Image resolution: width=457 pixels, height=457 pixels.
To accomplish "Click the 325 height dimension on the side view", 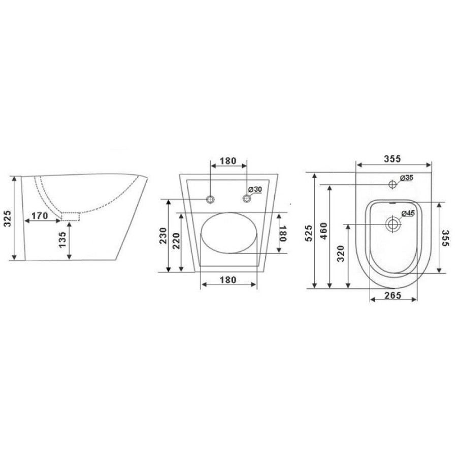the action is (x=7, y=218).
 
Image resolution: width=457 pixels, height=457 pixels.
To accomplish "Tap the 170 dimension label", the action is (x=39, y=216).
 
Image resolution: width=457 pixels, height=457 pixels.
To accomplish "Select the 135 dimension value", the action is (x=62, y=240).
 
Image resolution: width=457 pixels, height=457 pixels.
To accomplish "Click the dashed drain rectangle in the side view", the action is (x=70, y=216).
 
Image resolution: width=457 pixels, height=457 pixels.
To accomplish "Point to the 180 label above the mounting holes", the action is (x=228, y=161).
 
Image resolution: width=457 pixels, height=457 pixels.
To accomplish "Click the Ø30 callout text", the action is (x=255, y=189).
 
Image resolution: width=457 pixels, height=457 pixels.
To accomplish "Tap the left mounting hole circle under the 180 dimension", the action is (x=210, y=200).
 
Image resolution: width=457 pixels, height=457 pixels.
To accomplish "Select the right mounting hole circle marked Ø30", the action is (x=247, y=199).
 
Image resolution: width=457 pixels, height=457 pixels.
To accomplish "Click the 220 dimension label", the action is (x=177, y=241).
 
